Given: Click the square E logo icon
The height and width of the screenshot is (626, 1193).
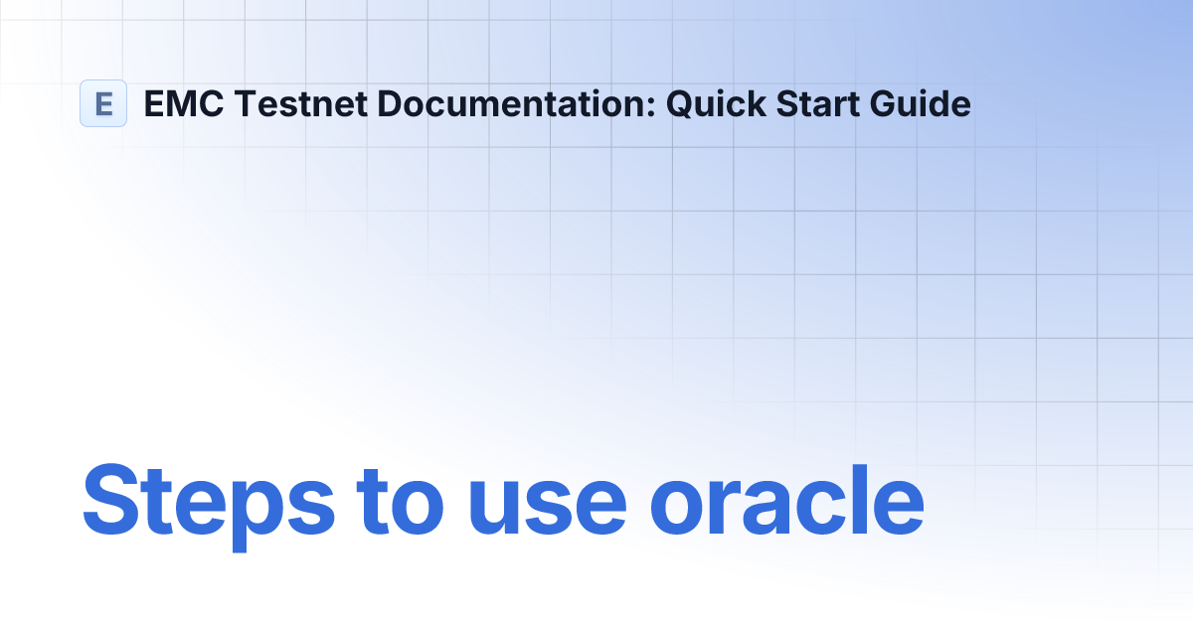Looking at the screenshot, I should tap(103, 103).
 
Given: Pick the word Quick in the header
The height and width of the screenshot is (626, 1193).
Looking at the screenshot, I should tap(709, 103).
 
